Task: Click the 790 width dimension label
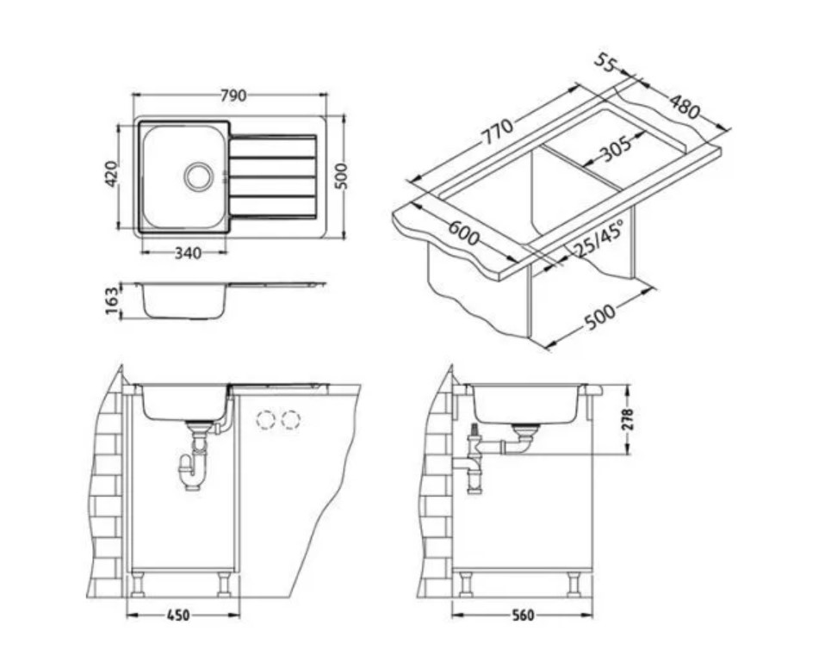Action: point(233,96)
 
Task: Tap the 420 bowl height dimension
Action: point(111,174)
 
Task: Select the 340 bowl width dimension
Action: point(188,253)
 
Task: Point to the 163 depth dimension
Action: point(112,300)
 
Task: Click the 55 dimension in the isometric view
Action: point(606,63)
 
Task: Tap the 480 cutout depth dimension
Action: point(685,107)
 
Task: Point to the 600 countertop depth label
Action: point(463,233)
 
